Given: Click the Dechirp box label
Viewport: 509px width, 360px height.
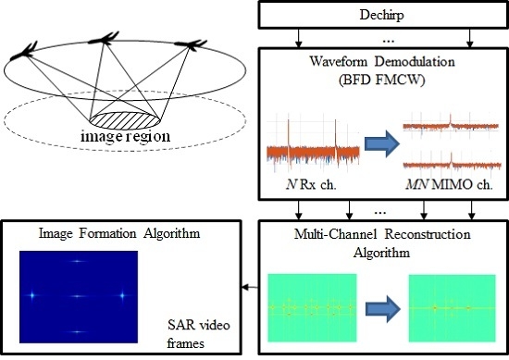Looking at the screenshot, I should [381, 16].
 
